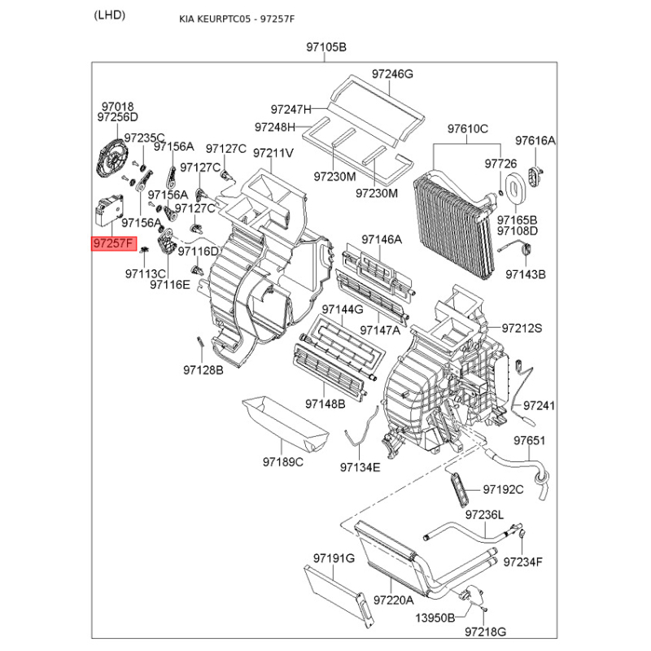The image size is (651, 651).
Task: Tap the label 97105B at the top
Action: point(326,48)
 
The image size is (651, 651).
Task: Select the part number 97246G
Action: point(393,74)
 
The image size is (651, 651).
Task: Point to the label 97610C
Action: point(468,129)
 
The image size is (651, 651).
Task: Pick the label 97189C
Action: point(282,462)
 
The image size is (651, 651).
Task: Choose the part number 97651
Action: point(528,440)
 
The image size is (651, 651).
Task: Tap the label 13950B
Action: point(435,618)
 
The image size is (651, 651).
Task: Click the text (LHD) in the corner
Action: point(110,15)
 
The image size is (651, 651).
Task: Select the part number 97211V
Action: point(273,152)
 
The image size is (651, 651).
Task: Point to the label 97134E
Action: point(360,467)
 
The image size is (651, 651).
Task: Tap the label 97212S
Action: point(522,328)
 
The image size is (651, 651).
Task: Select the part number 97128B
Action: point(203,370)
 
